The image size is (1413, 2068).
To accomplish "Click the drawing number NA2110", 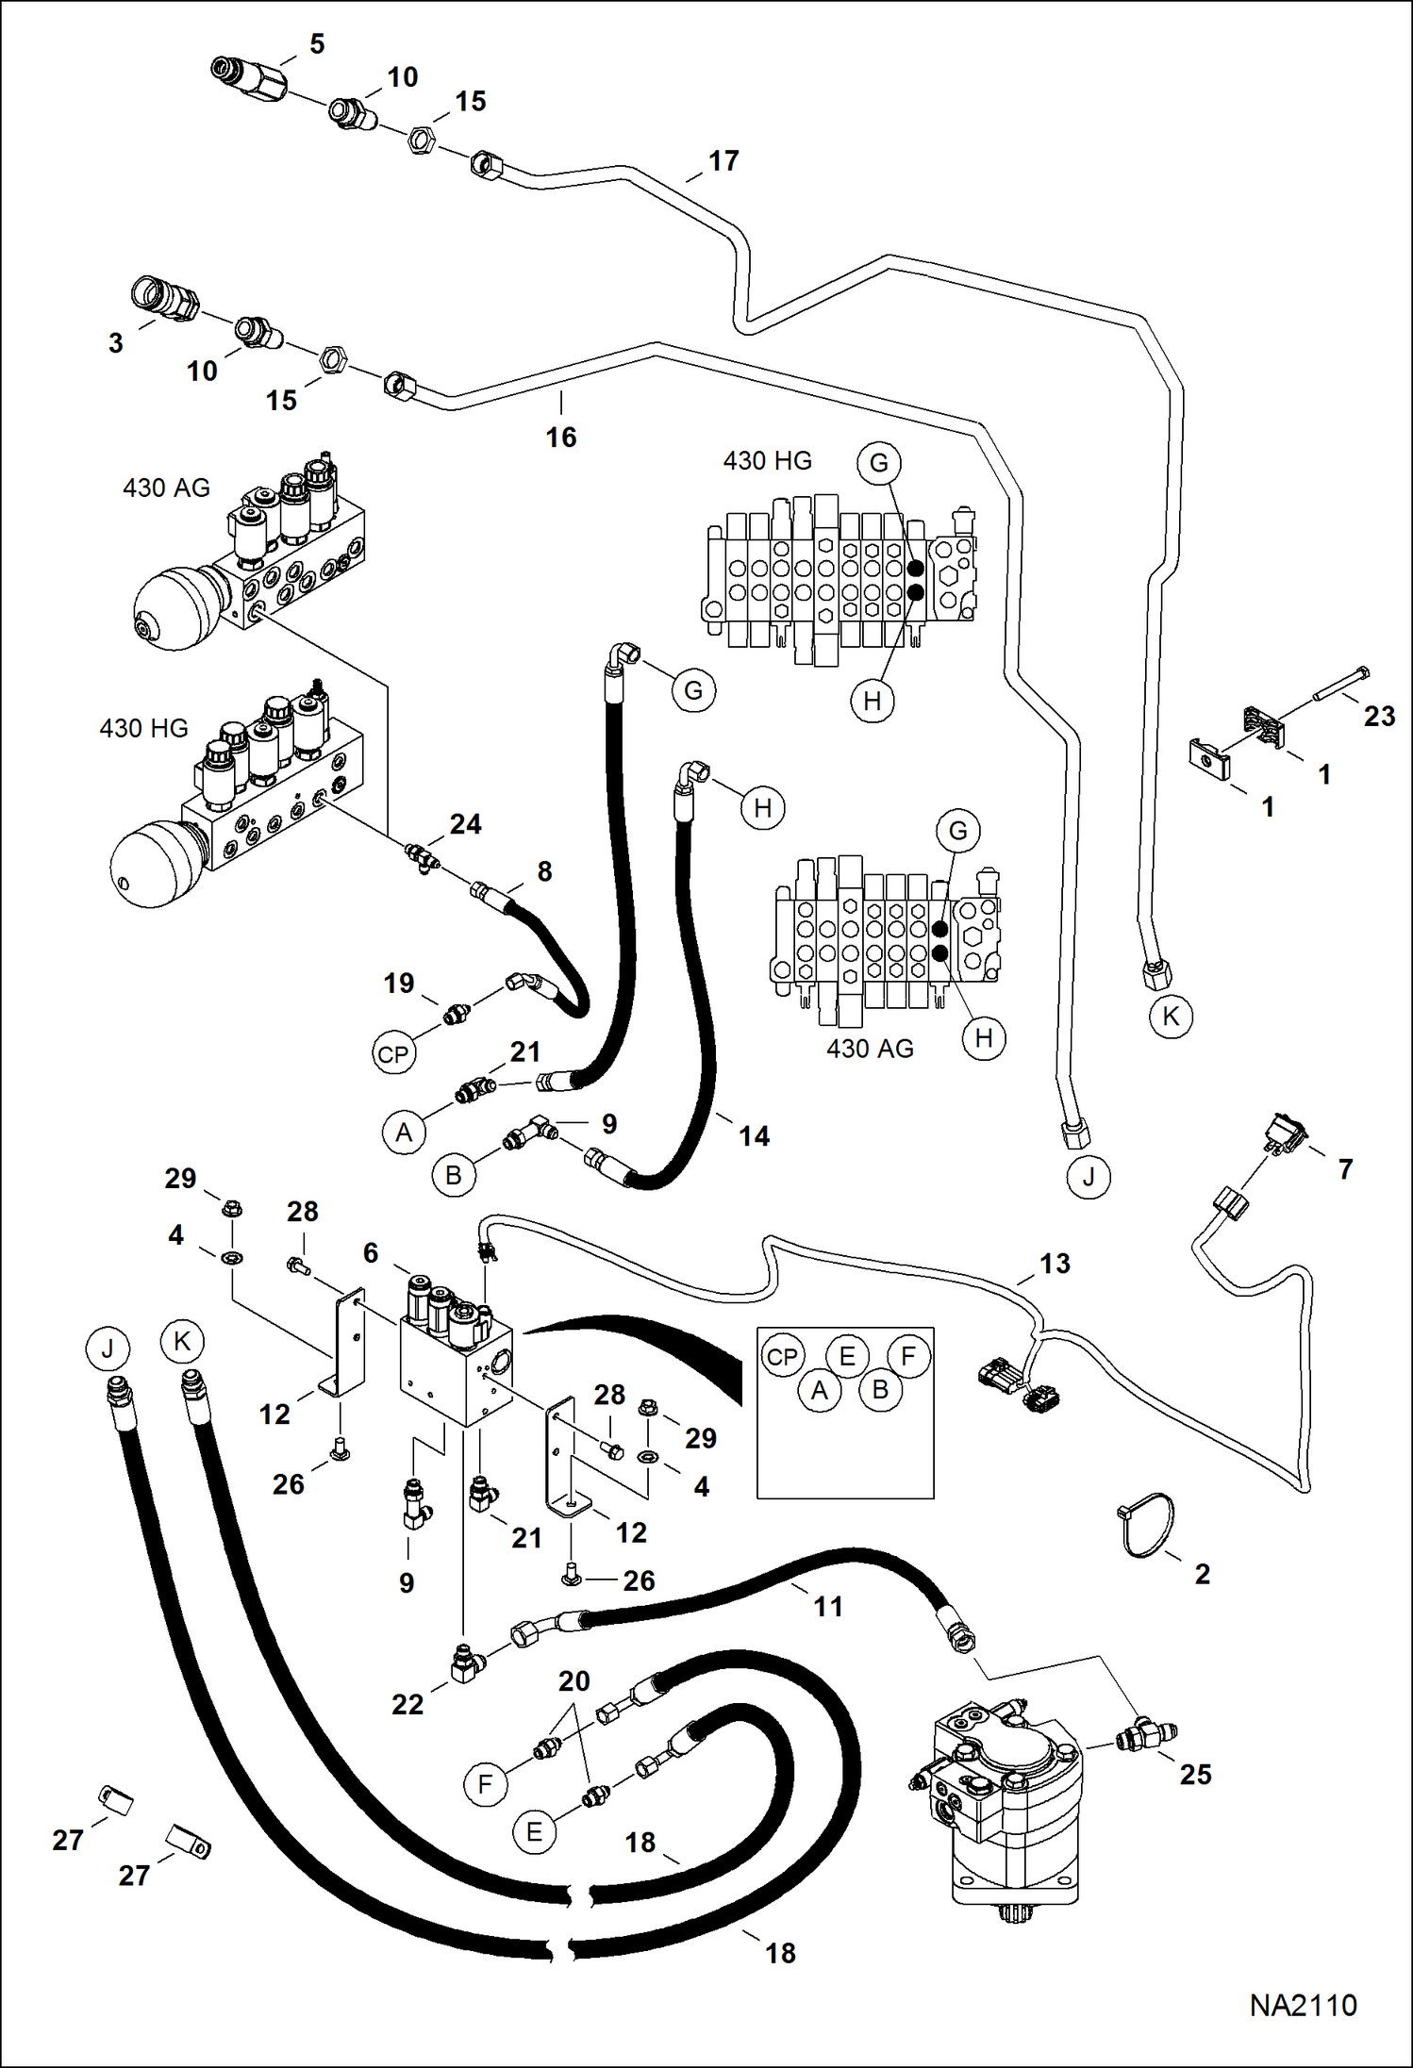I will coord(1303,2005).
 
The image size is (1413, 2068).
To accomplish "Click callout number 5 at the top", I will coord(317,44).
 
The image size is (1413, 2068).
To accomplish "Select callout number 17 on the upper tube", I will coord(723,161).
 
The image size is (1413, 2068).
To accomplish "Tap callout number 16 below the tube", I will coord(560,438).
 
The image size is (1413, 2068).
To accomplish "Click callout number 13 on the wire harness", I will coord(1055,1264).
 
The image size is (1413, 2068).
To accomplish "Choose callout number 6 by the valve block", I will coord(371,1252).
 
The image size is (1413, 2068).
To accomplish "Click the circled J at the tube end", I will coord(1089,1178).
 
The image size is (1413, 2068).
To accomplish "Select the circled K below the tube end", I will coord(1171,1017).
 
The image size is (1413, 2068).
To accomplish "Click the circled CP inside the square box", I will coord(782,1357).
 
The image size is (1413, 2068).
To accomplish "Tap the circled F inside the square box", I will coord(908,1356).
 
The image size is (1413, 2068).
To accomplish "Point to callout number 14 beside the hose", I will coord(754,1136).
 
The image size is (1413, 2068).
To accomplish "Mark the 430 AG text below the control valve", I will coord(870,1049).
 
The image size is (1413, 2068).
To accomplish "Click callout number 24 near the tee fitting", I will coord(465,824).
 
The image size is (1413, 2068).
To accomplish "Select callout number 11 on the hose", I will coord(828,1607).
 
